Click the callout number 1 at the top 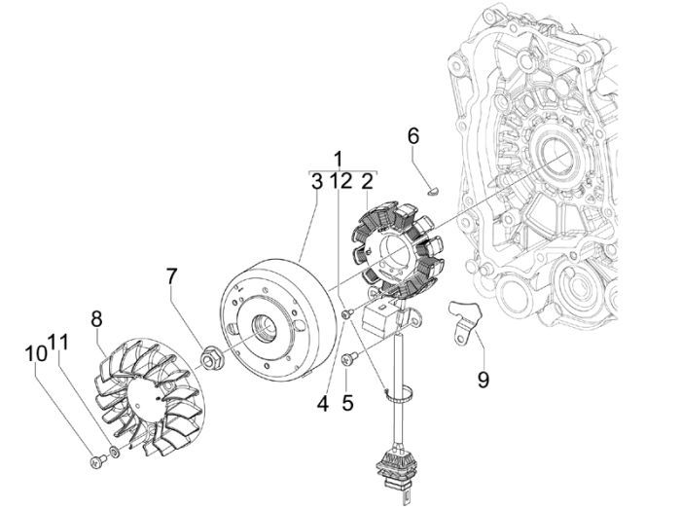339,159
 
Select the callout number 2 368,181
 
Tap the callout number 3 316,181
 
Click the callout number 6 412,136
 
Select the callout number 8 96,318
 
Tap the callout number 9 483,379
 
